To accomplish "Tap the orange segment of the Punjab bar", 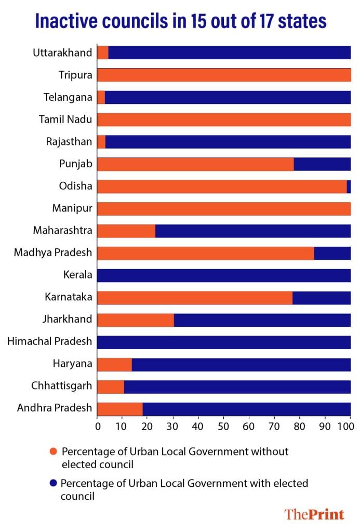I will pos(195,164).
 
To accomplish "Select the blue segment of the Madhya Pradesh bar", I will pos(332,253).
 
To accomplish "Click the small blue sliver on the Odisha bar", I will pos(349,187).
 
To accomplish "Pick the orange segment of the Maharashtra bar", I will pos(126,231).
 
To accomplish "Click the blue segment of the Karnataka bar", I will pos(322,298).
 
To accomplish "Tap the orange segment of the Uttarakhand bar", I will pos(103,52).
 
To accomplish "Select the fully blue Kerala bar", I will pos(224,275).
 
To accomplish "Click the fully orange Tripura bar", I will pos(224,75).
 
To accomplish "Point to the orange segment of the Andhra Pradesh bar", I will pos(120,409).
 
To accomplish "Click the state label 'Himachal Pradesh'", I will pos(50,342).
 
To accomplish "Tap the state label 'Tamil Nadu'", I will pos(65,119).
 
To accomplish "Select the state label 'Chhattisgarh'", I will pos(62,387).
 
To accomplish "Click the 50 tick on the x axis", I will pos(223,427).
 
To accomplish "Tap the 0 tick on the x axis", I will pos(98,427).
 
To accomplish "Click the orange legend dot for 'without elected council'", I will pos(52,451).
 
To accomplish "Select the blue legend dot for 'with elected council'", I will pos(52,484).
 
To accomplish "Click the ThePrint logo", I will pos(314,514).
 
